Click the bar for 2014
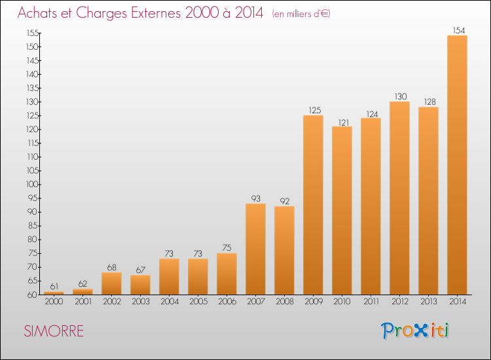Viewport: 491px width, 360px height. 457,165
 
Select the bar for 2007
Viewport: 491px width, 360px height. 255,249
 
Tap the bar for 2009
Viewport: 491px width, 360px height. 313,205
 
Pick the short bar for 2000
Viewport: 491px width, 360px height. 54,293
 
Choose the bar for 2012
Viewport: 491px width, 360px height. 399,198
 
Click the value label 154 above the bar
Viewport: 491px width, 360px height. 459,30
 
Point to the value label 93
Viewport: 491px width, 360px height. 255,198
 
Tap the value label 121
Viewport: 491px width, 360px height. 344,122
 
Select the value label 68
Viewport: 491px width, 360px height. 111,267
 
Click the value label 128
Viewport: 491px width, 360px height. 430,101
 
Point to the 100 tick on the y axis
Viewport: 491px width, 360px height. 33,184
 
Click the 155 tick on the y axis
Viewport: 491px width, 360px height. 33,33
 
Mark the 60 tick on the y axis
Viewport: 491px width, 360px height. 33,295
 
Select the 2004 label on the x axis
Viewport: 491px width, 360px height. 170,302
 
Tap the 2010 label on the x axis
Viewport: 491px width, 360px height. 342,302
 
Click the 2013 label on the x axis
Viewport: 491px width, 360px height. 428,302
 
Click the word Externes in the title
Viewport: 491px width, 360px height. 156,12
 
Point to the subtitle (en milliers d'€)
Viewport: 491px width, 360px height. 301,14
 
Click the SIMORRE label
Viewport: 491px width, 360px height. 54,331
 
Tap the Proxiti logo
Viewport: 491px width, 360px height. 415,331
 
